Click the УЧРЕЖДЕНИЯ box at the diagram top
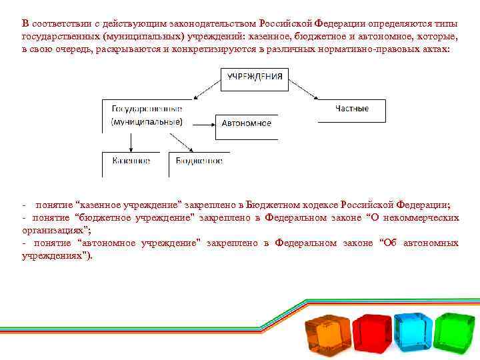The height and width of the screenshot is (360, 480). tap(254, 77)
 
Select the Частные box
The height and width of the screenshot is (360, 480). tap(352, 109)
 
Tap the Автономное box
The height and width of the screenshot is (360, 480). tap(246, 123)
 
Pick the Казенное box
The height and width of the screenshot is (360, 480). tap(131, 161)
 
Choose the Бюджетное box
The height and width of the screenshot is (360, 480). tap(198, 161)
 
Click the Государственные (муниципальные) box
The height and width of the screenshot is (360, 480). tap(146, 115)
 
